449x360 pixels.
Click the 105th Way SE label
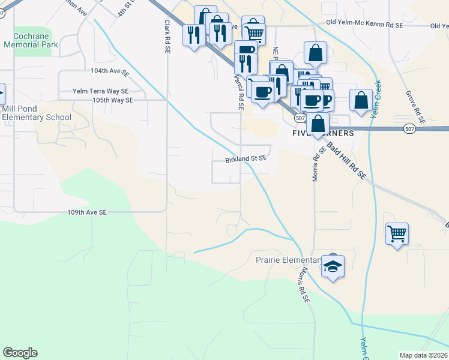click(x=112, y=100)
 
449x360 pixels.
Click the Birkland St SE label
click(x=245, y=160)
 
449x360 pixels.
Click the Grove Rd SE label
click(x=415, y=107)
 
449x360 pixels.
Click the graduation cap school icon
click(x=333, y=266)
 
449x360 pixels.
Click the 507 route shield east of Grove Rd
click(x=409, y=128)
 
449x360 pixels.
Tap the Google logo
click(x=20, y=353)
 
